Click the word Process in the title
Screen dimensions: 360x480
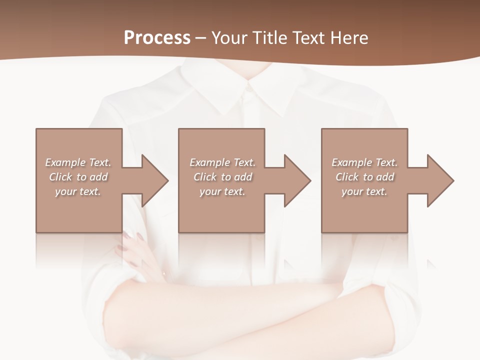[x=157, y=38]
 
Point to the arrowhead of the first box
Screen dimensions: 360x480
[x=155, y=180]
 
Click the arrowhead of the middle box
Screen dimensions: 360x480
[x=297, y=180]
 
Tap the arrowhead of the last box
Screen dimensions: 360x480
[x=440, y=180]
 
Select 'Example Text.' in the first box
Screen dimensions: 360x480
[x=78, y=162]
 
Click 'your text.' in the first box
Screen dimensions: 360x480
[x=78, y=191]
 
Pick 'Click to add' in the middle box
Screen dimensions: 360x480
[x=222, y=177]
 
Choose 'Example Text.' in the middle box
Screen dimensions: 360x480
[x=222, y=162]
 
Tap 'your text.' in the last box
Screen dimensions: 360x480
[x=364, y=191]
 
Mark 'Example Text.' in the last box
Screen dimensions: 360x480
[x=364, y=162]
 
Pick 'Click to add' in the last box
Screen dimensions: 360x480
[x=364, y=177]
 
